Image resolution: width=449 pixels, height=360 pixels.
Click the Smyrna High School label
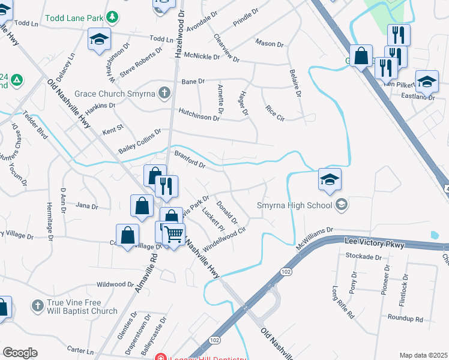(x=294, y=206)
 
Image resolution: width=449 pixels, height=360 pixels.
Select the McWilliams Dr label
(x=315, y=238)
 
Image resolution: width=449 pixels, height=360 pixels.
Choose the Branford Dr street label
(x=190, y=160)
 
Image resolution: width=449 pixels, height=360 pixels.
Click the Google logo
(x=20, y=352)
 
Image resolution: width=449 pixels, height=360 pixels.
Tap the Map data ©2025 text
(x=423, y=355)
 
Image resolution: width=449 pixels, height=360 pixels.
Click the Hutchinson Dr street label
(x=199, y=114)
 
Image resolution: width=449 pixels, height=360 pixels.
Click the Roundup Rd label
(x=405, y=318)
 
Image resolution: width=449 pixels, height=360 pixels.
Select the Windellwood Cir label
(x=225, y=239)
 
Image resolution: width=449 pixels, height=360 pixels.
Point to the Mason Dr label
(x=269, y=43)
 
